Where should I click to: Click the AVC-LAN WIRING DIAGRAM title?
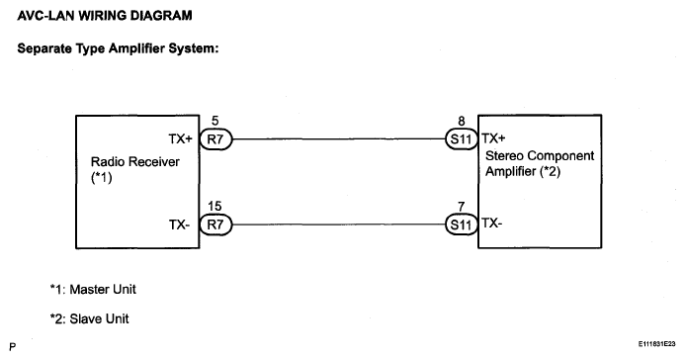105,16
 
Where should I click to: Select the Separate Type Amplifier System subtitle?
118,48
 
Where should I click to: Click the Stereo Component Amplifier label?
540,163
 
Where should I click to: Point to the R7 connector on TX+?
215,139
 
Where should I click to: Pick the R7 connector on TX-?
215,225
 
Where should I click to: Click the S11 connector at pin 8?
462,139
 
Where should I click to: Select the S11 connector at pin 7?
462,225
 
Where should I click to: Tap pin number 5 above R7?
214,121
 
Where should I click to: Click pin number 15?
214,206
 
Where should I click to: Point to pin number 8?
462,121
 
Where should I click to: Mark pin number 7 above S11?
462,207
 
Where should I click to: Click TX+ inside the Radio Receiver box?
181,138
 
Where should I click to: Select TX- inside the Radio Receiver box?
180,225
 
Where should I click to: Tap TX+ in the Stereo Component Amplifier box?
493,138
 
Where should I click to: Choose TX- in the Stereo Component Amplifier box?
492,224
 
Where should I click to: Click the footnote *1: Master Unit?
93,289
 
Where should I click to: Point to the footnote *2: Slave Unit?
89,318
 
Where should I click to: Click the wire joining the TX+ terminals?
339,139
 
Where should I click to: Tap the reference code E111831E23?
656,344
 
